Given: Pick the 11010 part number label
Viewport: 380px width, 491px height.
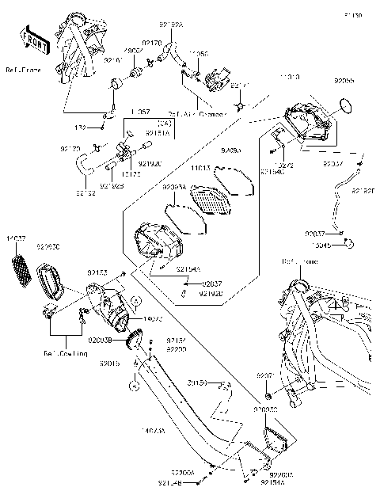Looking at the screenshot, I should coord(291,79).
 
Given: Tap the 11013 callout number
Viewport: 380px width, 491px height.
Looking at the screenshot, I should coord(200,168).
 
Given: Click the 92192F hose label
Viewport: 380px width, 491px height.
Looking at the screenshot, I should coord(363,191).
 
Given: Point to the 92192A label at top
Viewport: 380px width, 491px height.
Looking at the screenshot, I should coord(172,25).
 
